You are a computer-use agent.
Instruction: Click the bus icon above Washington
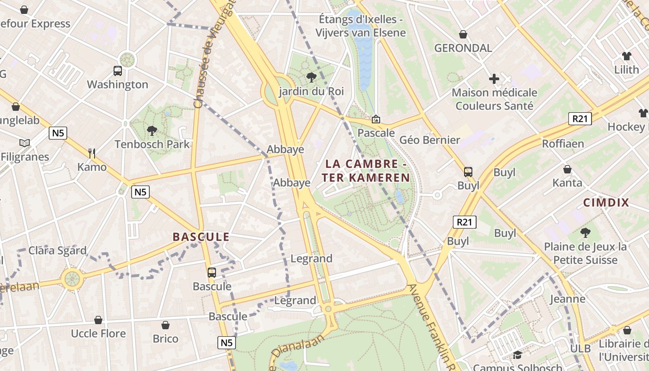click(118, 71)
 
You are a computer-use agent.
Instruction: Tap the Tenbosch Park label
click(152, 144)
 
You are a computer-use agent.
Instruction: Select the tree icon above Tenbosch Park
click(152, 131)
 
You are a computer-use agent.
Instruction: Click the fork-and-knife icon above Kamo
click(92, 153)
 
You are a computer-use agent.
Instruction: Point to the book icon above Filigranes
click(25, 143)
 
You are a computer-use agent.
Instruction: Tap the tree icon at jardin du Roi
click(311, 77)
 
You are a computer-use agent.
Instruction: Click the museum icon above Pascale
click(376, 120)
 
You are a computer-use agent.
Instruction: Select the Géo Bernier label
click(430, 140)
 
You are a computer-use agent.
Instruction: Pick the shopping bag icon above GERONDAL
click(463, 34)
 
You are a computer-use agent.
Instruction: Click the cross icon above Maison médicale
click(494, 79)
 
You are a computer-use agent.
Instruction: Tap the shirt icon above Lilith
click(627, 56)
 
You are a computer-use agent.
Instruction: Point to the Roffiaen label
click(563, 144)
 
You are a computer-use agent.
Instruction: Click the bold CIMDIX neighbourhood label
click(606, 203)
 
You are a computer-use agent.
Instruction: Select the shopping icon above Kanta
click(567, 169)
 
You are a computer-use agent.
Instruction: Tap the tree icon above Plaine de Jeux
click(585, 232)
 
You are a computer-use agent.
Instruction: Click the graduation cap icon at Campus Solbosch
click(517, 355)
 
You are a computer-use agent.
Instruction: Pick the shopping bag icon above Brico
click(165, 325)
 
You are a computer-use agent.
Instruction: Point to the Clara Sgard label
click(57, 251)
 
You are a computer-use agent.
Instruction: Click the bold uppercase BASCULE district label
click(201, 237)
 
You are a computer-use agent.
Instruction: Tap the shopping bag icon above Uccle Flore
click(98, 320)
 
